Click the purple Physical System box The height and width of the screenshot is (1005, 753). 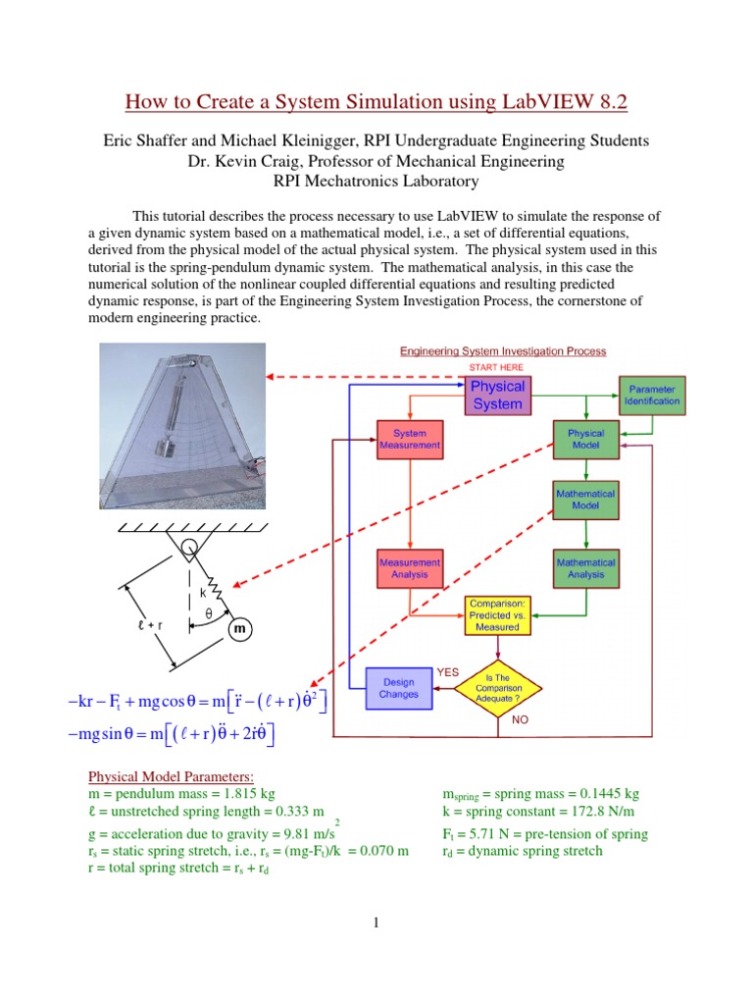497,395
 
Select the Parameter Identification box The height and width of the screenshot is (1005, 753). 651,395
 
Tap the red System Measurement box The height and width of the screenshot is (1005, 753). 409,438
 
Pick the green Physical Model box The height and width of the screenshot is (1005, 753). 585,438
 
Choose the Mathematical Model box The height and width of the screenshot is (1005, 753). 585,501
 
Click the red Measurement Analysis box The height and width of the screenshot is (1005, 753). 409,568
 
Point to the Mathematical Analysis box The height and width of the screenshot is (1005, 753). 585,568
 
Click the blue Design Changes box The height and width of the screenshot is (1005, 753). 399,687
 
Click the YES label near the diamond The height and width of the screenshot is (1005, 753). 448,672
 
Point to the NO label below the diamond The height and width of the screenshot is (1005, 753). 520,719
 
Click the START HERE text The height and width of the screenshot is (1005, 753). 497,367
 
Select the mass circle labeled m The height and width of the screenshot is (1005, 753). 238,628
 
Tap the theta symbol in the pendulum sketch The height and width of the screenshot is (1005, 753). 208,613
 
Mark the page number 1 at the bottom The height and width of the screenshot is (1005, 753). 376,922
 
